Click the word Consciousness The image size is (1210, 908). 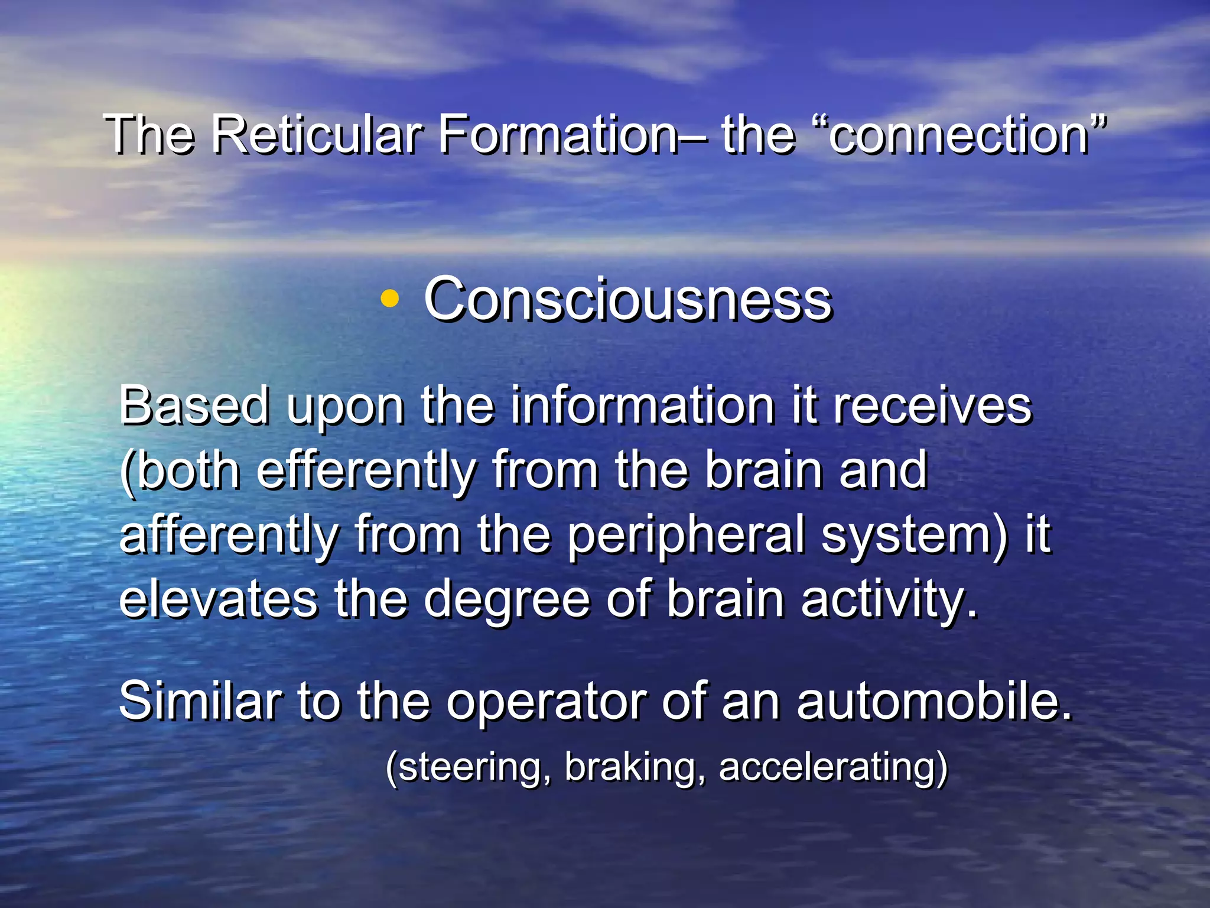(627, 300)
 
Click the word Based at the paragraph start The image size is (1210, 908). (194, 406)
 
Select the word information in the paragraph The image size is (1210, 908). (642, 406)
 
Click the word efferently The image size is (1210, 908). (366, 471)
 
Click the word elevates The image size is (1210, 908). (219, 599)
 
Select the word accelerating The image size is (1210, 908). (827, 767)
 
